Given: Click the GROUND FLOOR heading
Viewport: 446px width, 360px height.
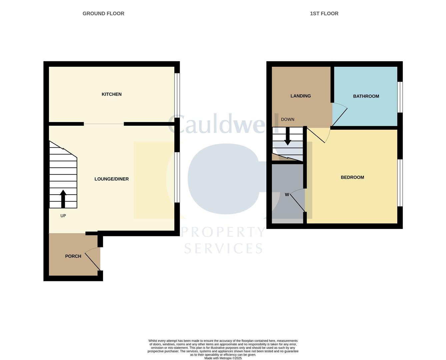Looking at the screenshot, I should pyautogui.click(x=103, y=14).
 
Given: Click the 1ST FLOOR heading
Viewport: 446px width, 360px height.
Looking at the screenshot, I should pyautogui.click(x=324, y=14).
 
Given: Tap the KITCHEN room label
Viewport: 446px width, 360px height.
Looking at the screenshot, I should pyautogui.click(x=112, y=94).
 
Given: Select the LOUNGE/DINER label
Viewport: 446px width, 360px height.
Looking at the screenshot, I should pyautogui.click(x=112, y=179).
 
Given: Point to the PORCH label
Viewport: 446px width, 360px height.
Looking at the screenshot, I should pyautogui.click(x=73, y=256).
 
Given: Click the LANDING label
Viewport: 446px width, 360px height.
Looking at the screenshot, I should pyautogui.click(x=301, y=96).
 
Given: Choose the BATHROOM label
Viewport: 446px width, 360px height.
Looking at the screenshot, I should pyautogui.click(x=366, y=96).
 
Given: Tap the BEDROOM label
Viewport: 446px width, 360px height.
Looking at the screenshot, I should pyautogui.click(x=352, y=177).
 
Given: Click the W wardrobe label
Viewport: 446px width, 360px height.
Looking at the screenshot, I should pyautogui.click(x=287, y=195).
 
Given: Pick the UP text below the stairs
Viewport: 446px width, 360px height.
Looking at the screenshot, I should pyautogui.click(x=63, y=216).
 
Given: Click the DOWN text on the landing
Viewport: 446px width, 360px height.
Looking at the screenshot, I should pyautogui.click(x=288, y=119).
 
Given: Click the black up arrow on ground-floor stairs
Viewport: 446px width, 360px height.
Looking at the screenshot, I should pyautogui.click(x=63, y=199).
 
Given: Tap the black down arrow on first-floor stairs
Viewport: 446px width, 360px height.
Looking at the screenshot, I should pyautogui.click(x=288, y=137).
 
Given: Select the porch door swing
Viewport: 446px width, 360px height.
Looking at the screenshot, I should pyautogui.click(x=93, y=260).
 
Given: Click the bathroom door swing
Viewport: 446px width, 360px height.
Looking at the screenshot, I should pyautogui.click(x=339, y=113).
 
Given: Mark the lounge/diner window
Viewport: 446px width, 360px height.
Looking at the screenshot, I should pyautogui.click(x=177, y=177).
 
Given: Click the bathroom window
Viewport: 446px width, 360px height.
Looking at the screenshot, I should pyautogui.click(x=400, y=97).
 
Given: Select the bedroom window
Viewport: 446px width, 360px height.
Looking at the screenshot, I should pyautogui.click(x=400, y=183).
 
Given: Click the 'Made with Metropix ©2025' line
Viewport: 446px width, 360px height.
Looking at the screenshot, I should pyautogui.click(x=223, y=358).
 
